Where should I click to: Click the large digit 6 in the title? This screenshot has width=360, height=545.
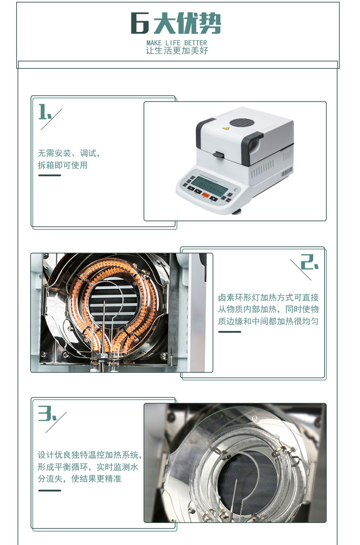coord(139,23)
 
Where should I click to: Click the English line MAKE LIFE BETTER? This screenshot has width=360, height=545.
coord(177,43)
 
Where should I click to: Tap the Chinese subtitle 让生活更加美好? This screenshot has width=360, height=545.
coord(177,51)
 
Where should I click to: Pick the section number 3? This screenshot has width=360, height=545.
coord(47,413)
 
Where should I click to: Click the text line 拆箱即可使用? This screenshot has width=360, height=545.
coord(63,165)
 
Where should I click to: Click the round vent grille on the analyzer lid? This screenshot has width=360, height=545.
coord(242,123)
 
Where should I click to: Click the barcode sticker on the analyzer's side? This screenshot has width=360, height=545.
coord(287,171)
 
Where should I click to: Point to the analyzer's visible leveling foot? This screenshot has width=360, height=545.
coord(236,212)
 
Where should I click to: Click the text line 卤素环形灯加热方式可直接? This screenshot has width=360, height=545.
coord(268,297)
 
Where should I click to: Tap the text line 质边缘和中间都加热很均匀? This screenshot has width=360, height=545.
coord(268,321)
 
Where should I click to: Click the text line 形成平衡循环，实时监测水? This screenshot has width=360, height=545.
coord(88,467)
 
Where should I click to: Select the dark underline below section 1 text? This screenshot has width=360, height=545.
coord(49,175)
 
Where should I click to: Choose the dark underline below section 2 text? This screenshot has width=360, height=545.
coord(229,331)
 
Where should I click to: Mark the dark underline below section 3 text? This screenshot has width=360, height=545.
coord(49,491)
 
